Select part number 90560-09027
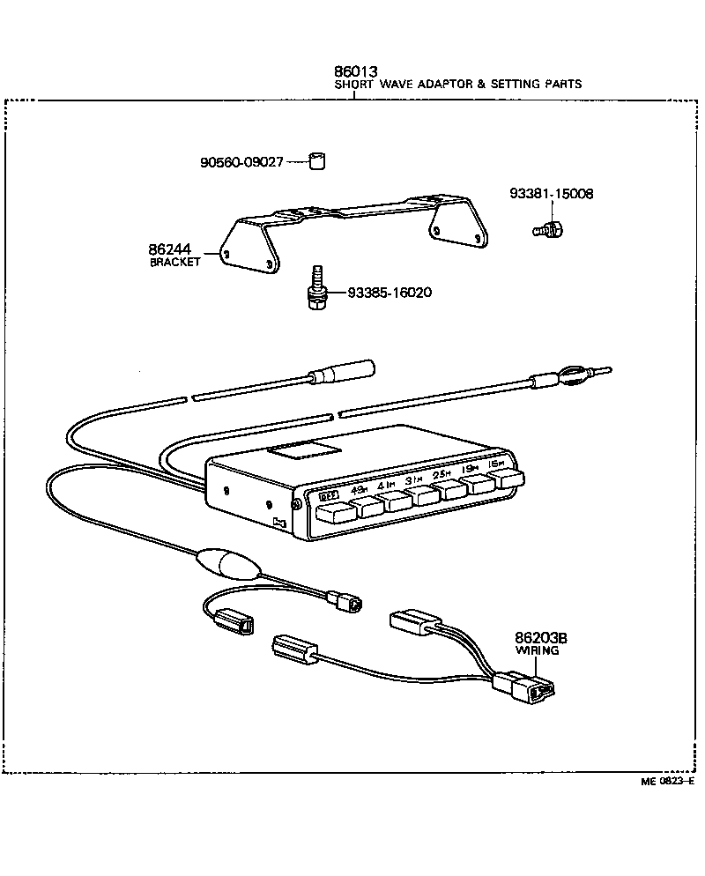pyautogui.click(x=241, y=162)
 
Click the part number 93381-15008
pyautogui.click(x=545, y=193)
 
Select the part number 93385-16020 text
pyautogui.click(x=389, y=293)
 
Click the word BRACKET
pyautogui.click(x=175, y=262)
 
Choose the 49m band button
pyautogui.click(x=362, y=507)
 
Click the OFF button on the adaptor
pyautogui.click(x=330, y=511)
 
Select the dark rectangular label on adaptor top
pyautogui.click(x=304, y=450)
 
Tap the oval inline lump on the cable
pyautogui.click(x=228, y=562)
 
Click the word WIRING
pyautogui.click(x=537, y=650)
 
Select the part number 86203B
pyautogui.click(x=537, y=638)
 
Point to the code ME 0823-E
pyautogui.click(x=667, y=781)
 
